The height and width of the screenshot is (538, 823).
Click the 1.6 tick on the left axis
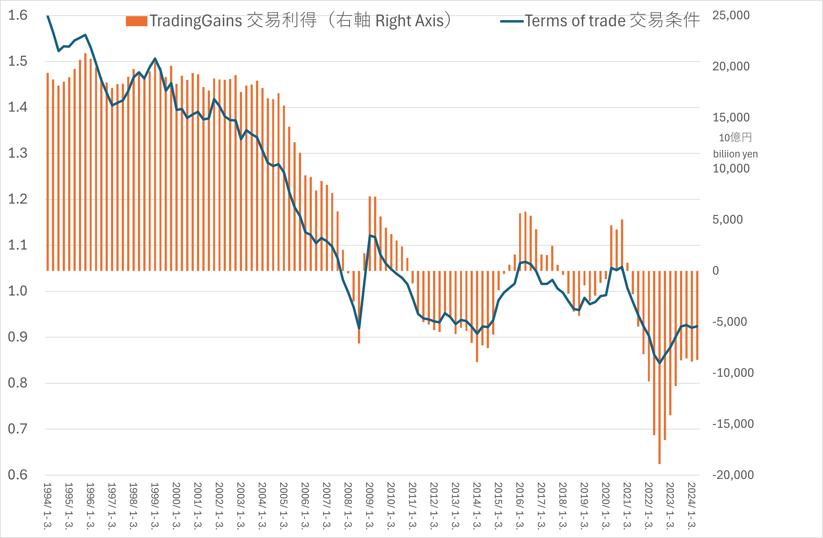click(x=18, y=15)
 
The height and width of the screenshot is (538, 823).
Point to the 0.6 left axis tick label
click(x=18, y=475)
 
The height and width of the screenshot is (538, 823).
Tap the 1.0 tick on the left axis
click(x=18, y=291)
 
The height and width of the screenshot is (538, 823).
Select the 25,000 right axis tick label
click(x=731, y=15)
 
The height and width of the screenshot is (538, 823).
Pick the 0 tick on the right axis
click(x=715, y=271)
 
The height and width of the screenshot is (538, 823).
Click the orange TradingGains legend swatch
click(x=137, y=21)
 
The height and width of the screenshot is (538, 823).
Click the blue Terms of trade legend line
click(x=512, y=21)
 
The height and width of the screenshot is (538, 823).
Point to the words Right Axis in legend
click(x=410, y=21)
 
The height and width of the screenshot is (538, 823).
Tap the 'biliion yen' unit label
click(x=735, y=154)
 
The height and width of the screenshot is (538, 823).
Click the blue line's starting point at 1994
click(x=48, y=16)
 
